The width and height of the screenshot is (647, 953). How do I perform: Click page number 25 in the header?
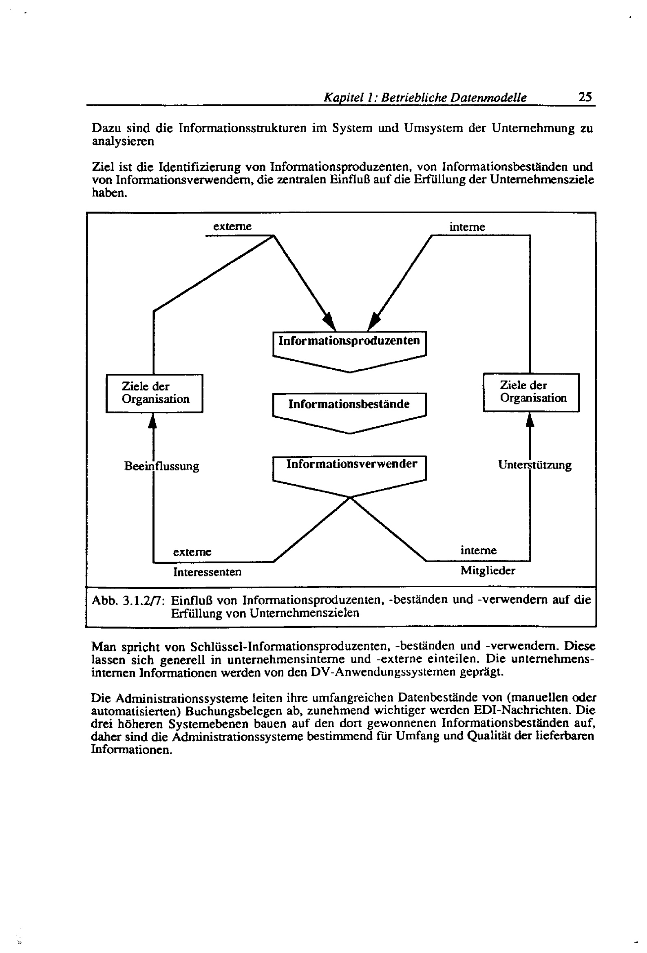pos(585,97)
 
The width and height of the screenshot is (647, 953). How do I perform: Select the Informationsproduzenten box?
pos(349,341)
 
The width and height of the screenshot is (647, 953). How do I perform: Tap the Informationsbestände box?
pos(349,404)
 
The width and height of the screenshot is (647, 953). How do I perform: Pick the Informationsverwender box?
pos(349,465)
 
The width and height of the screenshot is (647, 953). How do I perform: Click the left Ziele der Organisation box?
pos(154,393)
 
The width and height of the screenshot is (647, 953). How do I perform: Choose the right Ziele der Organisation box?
pos(531,392)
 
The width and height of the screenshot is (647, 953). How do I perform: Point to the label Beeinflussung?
pos(161,466)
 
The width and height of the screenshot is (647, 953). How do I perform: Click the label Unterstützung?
pos(534,465)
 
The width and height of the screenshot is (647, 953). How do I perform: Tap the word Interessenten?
pos(207,571)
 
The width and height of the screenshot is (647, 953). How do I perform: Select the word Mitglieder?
pos(488,570)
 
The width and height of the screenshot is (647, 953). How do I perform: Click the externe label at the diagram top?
pos(232,226)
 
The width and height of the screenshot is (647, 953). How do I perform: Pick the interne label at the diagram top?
pos(467,227)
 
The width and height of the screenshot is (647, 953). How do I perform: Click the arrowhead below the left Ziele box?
pos(152,421)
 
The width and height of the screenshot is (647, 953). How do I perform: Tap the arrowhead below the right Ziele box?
pos(530,420)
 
